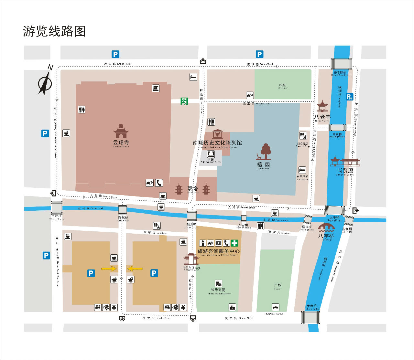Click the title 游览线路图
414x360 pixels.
pos(54,31)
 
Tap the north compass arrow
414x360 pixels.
pos(45,83)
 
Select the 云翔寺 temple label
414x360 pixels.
pos(121,142)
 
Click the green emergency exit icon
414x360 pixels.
pos(184,101)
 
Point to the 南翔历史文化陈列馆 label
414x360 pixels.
pos(217,143)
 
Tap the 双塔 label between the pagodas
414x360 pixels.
pos(193,188)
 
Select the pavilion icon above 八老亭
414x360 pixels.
pos(322,106)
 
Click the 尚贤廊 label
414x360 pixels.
pos(345,170)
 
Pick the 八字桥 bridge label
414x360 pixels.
pos(326,236)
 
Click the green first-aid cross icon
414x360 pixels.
pos(234,243)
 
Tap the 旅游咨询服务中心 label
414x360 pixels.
pos(218,251)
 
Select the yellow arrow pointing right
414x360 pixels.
pos(109,269)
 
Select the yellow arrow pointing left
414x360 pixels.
pos(135,269)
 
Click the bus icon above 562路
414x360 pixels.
pos(275,307)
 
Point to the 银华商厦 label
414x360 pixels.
pos(218,290)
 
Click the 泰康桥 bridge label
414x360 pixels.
pos(311,306)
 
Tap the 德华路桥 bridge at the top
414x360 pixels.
pos(341,63)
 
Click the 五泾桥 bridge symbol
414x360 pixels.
pos(56,207)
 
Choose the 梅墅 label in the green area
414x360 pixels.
pos(282,85)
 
